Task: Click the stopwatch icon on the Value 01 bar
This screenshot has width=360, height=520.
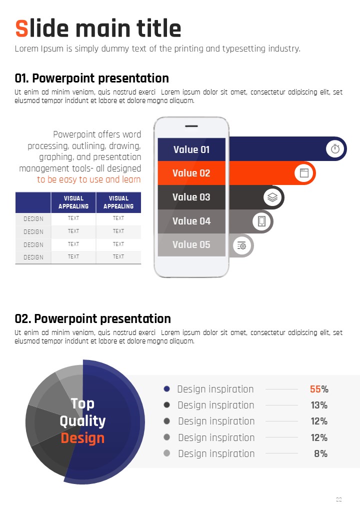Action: tap(335, 148)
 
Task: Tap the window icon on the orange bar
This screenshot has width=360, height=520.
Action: tap(304, 173)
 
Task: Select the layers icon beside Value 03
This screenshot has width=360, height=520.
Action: tap(272, 197)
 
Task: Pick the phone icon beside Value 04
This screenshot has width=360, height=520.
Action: tap(261, 221)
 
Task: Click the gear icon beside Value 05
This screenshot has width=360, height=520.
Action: tap(242, 245)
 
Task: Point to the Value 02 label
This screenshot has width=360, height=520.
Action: tap(191, 173)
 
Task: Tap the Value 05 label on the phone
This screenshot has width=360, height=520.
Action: tap(191, 244)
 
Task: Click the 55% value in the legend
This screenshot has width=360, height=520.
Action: tap(319, 389)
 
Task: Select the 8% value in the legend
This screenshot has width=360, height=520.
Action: tap(320, 453)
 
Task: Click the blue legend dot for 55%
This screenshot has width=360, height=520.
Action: tap(167, 388)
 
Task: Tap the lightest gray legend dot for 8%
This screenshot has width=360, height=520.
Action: tap(167, 453)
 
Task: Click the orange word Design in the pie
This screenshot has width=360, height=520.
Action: tap(82, 438)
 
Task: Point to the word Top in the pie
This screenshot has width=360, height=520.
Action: tap(82, 403)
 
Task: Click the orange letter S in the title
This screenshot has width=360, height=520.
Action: tap(21, 28)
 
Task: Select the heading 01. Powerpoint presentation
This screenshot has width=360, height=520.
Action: tap(92, 78)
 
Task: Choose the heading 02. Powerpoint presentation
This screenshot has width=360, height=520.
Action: tap(93, 318)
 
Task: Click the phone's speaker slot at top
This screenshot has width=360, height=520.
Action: tap(191, 126)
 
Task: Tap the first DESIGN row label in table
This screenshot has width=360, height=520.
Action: tap(33, 218)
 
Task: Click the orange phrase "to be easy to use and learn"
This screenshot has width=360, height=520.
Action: tap(89, 179)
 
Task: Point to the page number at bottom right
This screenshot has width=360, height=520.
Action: tap(338, 499)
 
